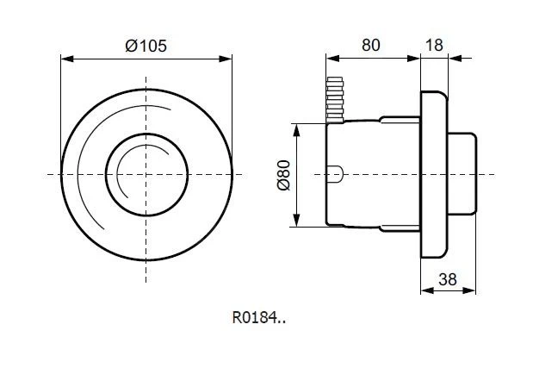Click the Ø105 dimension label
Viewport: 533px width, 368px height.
tap(146, 47)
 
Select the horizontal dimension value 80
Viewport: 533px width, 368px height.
tap(371, 46)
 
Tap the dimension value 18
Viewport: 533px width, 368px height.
tap(434, 46)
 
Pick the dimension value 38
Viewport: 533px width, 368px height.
tap(448, 279)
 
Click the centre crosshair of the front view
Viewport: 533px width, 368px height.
tap(146, 175)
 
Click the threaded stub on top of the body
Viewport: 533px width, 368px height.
tap(336, 97)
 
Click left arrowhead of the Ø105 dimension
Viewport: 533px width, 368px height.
tap(63, 59)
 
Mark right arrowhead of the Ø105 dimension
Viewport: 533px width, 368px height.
tap(230, 59)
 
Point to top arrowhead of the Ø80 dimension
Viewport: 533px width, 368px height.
tap(296, 127)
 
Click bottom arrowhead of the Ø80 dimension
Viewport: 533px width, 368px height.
tap(296, 224)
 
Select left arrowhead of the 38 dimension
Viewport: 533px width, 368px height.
tap(423, 291)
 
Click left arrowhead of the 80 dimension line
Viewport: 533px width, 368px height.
tap(328, 58)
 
